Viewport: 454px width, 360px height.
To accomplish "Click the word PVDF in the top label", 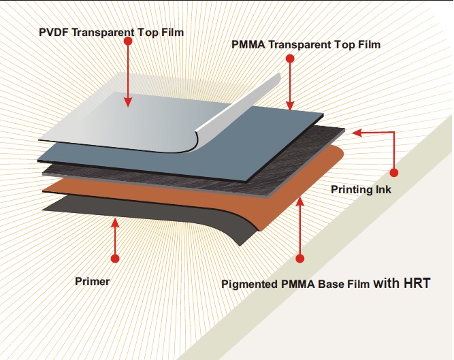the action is (x=54, y=32).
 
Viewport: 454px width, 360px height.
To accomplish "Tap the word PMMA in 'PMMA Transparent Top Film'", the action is (x=248, y=44).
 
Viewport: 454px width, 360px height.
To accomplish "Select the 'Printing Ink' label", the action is (x=361, y=190).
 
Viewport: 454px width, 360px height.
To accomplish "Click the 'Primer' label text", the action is (x=93, y=281).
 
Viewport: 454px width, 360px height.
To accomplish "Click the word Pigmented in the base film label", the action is (x=249, y=284).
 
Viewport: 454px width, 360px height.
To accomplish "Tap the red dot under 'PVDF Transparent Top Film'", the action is (x=128, y=42).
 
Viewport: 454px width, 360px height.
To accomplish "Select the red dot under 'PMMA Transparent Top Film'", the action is (x=290, y=59).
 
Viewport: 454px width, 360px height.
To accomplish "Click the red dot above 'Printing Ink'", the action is (x=394, y=173).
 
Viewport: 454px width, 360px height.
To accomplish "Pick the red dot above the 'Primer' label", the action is (x=115, y=259).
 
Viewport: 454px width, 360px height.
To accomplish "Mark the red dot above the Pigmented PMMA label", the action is (x=300, y=259).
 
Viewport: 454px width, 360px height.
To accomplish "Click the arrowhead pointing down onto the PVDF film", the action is (x=128, y=102).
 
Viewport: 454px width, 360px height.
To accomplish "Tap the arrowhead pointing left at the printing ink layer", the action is (x=357, y=133).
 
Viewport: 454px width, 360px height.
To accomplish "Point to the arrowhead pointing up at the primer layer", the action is (x=115, y=223).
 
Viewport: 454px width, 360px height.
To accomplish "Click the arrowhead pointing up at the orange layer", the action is (x=300, y=201).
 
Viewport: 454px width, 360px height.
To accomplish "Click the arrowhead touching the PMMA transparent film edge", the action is (x=290, y=105).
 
